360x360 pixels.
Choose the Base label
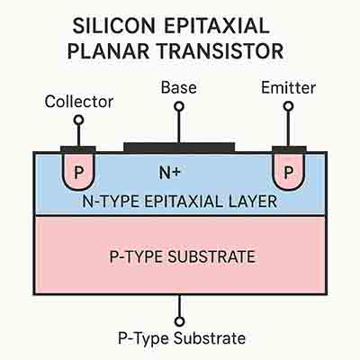(x=179, y=88)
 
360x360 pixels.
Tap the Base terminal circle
(x=179, y=107)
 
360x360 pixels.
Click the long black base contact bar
(x=179, y=146)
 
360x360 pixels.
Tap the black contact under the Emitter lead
(x=285, y=148)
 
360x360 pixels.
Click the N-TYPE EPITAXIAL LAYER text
(x=180, y=202)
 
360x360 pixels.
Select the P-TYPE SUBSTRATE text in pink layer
(x=180, y=256)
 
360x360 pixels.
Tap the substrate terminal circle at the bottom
(x=180, y=320)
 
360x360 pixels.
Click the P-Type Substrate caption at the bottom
(x=180, y=339)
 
